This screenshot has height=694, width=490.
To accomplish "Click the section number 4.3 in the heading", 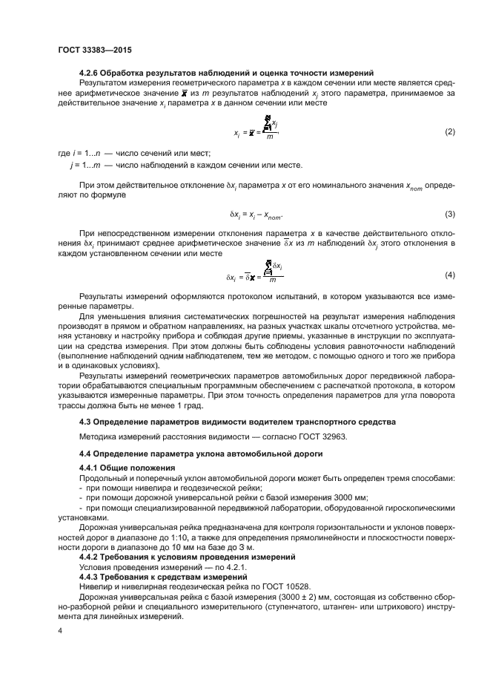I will click(x=85, y=422).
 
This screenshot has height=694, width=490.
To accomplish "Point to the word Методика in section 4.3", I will click(x=98, y=437).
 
